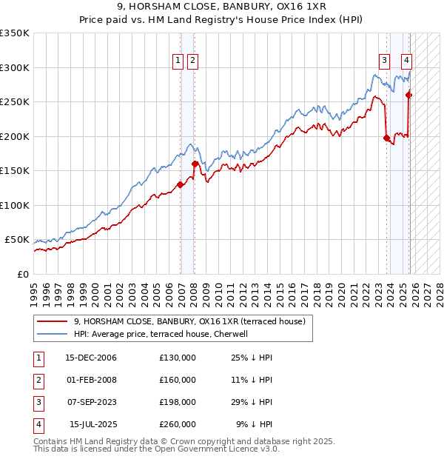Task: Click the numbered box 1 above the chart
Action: click(x=179, y=61)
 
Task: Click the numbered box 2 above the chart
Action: click(x=192, y=61)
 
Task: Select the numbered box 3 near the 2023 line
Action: click(x=385, y=61)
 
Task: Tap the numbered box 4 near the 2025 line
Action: click(x=407, y=61)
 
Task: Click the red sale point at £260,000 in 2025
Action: click(x=409, y=94)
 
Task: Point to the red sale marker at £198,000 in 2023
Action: click(x=386, y=137)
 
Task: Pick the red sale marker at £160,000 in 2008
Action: click(x=195, y=164)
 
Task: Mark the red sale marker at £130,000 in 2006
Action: click(x=180, y=184)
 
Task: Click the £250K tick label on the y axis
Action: click(x=15, y=102)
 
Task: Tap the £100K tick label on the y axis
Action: click(x=15, y=205)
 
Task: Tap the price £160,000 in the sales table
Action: click(x=178, y=380)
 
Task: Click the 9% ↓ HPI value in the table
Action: click(x=255, y=424)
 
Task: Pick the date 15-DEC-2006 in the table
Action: click(x=91, y=358)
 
